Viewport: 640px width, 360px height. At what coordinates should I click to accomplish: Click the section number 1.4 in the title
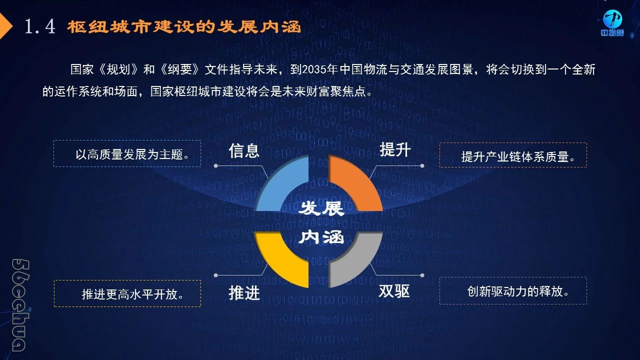pos(40,26)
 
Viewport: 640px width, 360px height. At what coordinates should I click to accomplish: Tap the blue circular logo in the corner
pos(612,19)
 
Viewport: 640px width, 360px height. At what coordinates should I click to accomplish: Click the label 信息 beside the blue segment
pos(244,150)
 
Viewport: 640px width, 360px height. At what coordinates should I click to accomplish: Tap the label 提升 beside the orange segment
pos(395,149)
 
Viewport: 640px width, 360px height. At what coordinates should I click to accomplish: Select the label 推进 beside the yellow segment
pos(244,293)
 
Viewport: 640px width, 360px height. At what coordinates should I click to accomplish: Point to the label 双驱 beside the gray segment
pos(394,291)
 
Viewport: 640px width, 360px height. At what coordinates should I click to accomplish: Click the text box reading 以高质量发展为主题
pos(127,153)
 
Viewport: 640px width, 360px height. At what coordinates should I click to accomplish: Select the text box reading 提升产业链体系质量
pos(513,155)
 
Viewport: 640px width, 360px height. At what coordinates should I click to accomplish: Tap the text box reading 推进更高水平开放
pos(127,293)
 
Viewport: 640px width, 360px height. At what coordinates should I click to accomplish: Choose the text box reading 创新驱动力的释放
pos(513,291)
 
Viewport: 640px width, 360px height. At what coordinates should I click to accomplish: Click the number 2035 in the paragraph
pos(313,69)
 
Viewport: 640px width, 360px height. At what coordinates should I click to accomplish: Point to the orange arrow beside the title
pos(5,26)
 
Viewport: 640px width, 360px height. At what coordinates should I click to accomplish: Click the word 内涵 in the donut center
pos(321,237)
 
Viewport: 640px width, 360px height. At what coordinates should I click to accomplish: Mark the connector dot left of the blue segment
pos(215,165)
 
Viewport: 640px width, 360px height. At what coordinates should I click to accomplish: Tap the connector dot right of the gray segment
pos(422,275)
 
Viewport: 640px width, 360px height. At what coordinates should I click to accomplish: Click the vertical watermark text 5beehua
pos(20,305)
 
